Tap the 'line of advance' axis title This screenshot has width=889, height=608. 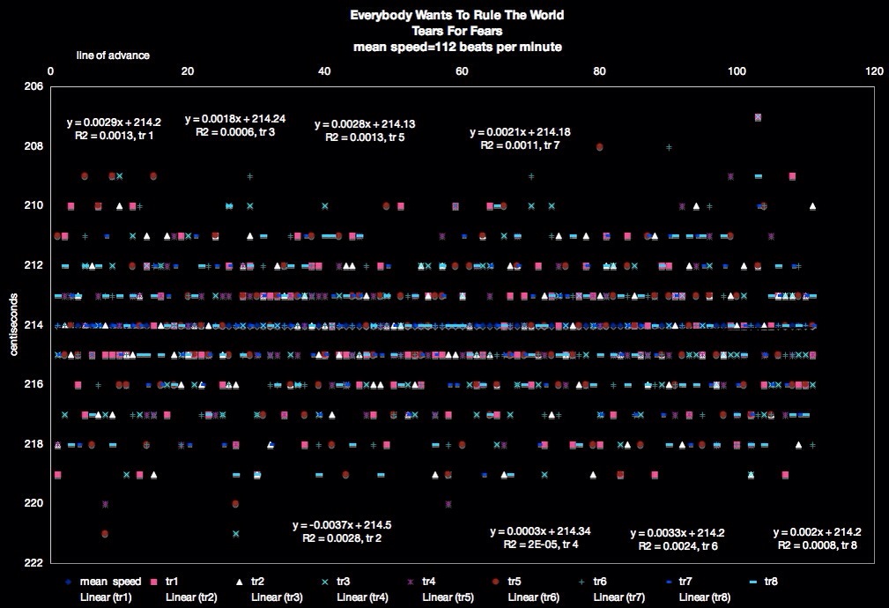tap(112, 56)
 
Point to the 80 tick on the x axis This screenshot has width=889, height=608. tap(600, 71)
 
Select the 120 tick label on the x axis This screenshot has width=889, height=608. tap(874, 71)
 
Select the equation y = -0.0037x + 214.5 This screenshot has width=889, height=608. tap(342, 525)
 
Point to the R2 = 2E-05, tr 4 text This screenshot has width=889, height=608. tap(541, 545)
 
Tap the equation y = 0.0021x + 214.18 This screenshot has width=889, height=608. tap(521, 132)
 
